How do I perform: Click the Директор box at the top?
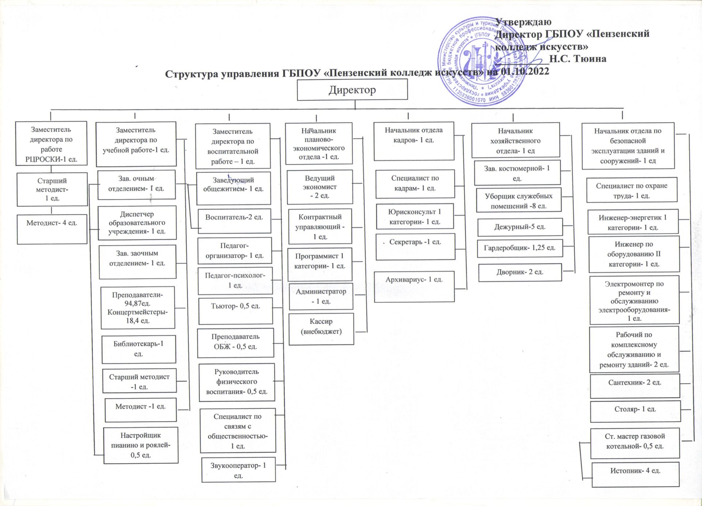click(x=352, y=90)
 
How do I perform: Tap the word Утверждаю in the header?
click(x=523, y=22)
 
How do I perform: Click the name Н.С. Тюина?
click(x=578, y=58)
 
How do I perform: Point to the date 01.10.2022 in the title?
click(x=525, y=71)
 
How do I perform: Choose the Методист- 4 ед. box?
click(x=52, y=229)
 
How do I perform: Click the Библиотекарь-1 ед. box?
click(x=139, y=349)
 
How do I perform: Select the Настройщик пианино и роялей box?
click(x=141, y=445)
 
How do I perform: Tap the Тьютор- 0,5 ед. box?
click(x=235, y=311)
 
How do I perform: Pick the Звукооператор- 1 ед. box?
click(x=238, y=470)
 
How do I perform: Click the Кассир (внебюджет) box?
click(x=321, y=328)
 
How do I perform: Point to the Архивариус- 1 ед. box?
click(x=414, y=286)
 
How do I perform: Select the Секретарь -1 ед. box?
click(x=415, y=247)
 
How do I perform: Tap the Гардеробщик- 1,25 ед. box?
click(x=520, y=248)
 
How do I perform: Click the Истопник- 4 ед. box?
click(x=635, y=474)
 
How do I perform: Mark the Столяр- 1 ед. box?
click(x=635, y=411)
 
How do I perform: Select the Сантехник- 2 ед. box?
click(x=635, y=386)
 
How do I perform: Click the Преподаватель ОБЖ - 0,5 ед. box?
click(x=235, y=343)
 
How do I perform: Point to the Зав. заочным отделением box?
click(x=137, y=262)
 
